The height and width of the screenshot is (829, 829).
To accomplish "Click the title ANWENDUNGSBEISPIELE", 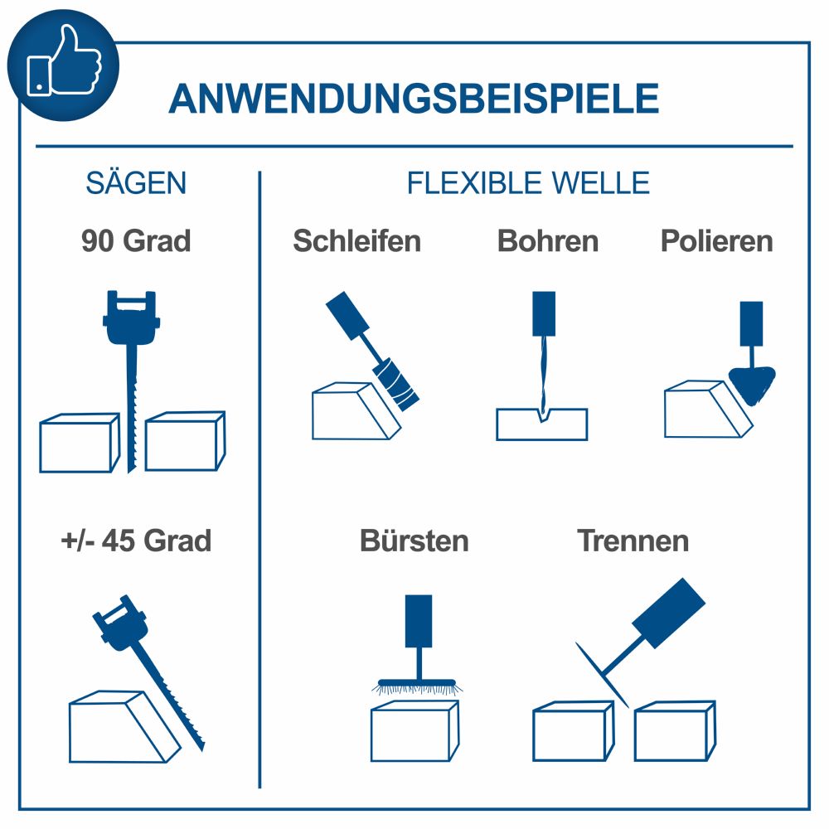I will (414, 99).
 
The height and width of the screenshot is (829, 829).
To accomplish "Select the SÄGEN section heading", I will (136, 183).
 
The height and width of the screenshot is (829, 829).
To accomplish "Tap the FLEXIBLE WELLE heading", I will (528, 183).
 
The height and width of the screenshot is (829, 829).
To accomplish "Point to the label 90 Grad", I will (136, 241).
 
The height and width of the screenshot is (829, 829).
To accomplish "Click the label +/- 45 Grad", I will (136, 541).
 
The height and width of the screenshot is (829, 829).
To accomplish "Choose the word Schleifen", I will (356, 241).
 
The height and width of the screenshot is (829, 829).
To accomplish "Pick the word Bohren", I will (547, 241).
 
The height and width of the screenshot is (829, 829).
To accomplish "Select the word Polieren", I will (716, 241).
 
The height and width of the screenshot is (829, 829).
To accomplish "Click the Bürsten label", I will (414, 541).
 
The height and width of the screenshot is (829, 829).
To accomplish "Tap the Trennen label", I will (633, 541).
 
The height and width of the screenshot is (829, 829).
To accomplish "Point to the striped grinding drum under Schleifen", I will (397, 384).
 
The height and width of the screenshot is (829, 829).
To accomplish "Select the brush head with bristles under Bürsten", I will (418, 686).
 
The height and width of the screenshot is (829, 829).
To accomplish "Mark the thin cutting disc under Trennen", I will (602, 674).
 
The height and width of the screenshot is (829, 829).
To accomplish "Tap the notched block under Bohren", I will (542, 424).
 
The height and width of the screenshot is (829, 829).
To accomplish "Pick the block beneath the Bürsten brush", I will (414, 731).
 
